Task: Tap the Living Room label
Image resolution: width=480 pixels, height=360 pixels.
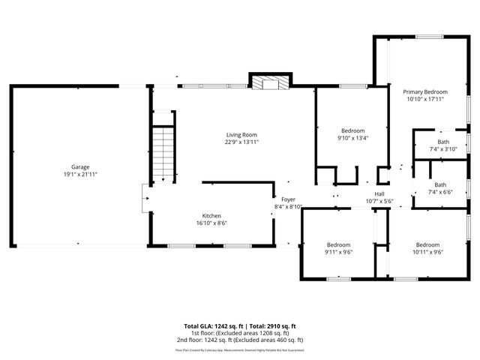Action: pos(241,135)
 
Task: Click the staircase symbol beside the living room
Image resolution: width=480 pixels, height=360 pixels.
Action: pos(163,153)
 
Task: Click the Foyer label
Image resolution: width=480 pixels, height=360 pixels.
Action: pos(288,199)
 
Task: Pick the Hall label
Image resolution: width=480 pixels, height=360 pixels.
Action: pos(379,193)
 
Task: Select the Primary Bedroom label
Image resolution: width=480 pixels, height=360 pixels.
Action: pos(424,91)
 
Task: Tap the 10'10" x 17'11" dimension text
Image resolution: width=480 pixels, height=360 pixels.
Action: pos(424,98)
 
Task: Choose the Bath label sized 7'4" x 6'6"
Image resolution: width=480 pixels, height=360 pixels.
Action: pos(439,184)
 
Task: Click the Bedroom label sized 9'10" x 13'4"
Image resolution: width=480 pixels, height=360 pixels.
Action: pos(352,130)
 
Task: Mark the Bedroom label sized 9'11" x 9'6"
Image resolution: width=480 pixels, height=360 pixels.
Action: pos(338,244)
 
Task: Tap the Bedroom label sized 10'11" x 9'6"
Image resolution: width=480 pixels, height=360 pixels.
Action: pos(427,244)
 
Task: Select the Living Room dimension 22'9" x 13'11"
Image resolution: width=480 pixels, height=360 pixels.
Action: pos(241,142)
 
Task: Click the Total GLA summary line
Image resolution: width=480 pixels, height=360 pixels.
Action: pos(240,326)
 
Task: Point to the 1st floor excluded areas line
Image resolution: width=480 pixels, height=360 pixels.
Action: pos(240,333)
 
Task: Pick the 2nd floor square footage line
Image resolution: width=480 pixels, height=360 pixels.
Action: pos(240,340)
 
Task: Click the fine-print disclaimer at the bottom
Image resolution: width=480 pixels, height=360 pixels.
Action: pos(240,349)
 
